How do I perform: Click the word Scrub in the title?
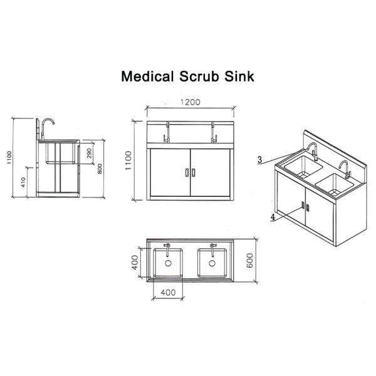tap(204, 77)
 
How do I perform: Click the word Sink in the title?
tap(242, 77)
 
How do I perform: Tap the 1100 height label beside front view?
tap(128, 162)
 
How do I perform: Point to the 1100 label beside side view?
tap(9, 157)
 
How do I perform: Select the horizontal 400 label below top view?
tap(168, 292)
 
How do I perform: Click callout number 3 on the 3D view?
tap(259, 160)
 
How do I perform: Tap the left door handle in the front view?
tap(187, 172)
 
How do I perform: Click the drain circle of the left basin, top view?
tap(168, 264)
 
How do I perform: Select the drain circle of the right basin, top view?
tap(212, 264)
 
